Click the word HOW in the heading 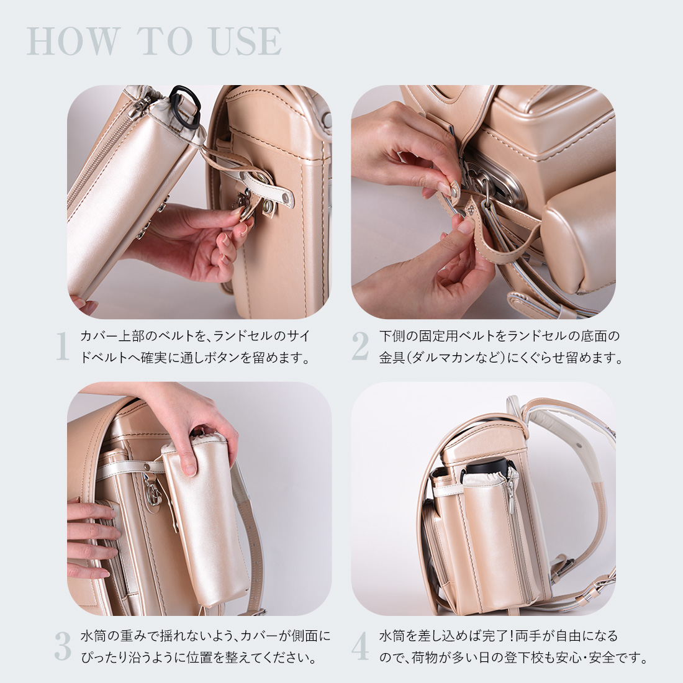pyautogui.click(x=74, y=42)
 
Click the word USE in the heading pyautogui.click(x=246, y=42)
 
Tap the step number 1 pyautogui.click(x=63, y=346)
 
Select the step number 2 pyautogui.click(x=360, y=346)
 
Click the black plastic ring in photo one pyautogui.click(x=185, y=104)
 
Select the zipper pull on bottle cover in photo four pyautogui.click(x=510, y=493)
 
